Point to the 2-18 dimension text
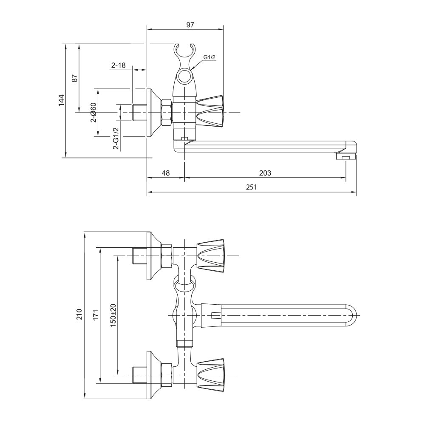click(119, 65)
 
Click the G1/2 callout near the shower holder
click(209, 57)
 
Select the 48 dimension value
click(165, 173)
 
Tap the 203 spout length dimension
click(264, 173)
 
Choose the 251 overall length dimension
click(252, 187)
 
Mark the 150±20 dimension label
click(113, 315)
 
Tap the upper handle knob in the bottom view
click(210, 255)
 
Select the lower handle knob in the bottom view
click(210, 374)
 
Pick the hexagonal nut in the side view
click(166, 112)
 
